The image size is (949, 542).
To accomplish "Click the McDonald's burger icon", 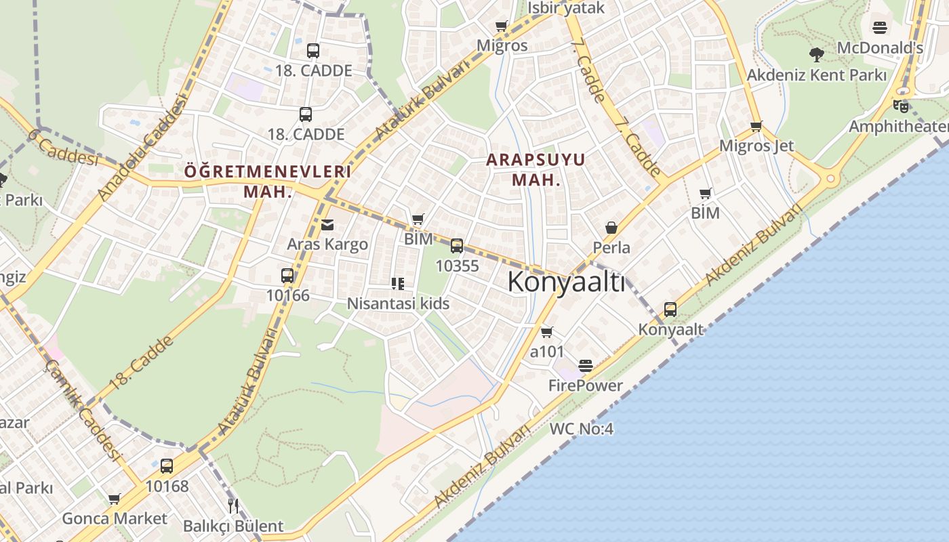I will coord(879,28).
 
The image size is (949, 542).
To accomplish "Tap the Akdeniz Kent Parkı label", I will coord(816,75).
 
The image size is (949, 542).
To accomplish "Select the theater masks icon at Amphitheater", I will coord(900,106).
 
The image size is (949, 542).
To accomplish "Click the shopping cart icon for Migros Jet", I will coord(756,126).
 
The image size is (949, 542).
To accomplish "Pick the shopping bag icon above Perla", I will coord(611,228).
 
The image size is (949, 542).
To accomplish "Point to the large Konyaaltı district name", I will coord(566,282).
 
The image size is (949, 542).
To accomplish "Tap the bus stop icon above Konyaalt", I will coord(670,310).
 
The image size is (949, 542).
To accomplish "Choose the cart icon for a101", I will coord(546,332).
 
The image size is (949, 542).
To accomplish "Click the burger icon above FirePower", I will coord(586,366).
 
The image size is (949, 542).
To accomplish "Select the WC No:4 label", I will coord(581,429).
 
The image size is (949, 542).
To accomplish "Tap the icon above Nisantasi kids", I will coord(398,283).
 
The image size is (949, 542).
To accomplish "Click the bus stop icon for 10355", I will coord(457,246).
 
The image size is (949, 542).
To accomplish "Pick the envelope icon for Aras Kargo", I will coord(327,225).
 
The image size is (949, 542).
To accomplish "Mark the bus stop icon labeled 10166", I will coord(287,276).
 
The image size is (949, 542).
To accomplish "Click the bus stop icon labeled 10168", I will coord(167,466).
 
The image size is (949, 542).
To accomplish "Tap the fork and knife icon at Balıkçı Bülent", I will coord(233,505).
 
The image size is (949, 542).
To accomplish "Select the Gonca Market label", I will coord(114,518).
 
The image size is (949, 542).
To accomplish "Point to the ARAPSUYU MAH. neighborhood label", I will coord(536,169).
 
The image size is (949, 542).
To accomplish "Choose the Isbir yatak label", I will coord(565,8).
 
